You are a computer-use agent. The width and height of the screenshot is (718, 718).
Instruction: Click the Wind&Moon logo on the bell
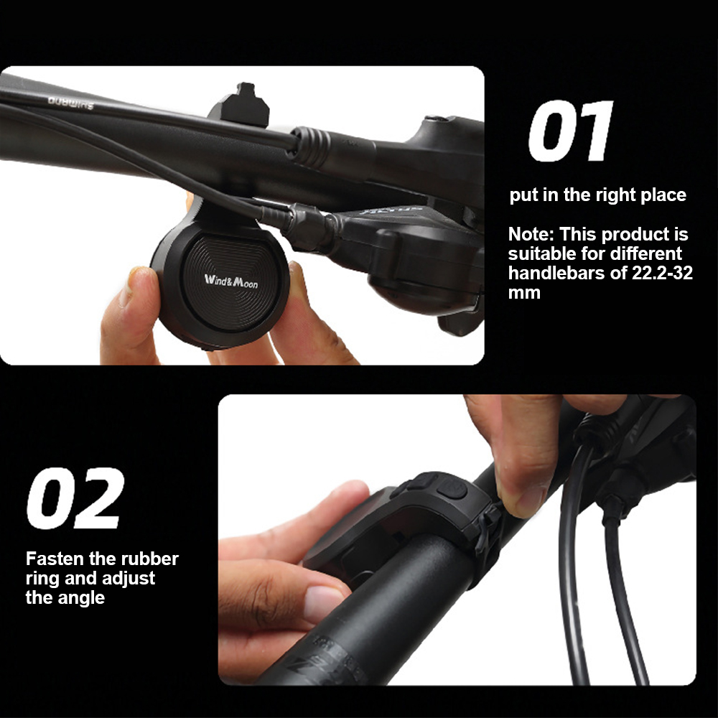click(x=231, y=280)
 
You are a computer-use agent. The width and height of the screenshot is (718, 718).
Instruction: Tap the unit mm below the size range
click(x=523, y=292)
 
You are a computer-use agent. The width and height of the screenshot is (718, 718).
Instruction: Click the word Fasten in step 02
click(x=53, y=559)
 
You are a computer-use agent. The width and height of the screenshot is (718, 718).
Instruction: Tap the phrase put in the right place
click(x=597, y=195)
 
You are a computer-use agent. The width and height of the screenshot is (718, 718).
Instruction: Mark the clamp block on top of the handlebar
click(x=241, y=108)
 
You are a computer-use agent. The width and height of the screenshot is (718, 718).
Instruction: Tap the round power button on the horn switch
click(x=452, y=490)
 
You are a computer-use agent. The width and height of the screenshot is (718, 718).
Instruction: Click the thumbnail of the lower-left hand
click(x=324, y=602)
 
